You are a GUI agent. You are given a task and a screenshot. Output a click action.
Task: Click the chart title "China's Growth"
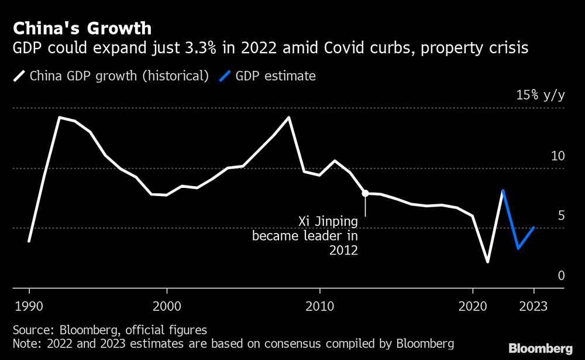click(82, 28)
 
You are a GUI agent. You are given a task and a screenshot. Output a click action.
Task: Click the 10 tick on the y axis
click(558, 156)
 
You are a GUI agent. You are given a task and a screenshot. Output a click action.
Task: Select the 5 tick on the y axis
click(561, 215)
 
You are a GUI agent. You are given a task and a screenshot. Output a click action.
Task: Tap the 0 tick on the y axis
click(561, 275)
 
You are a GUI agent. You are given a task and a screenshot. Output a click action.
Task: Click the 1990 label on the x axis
click(29, 306)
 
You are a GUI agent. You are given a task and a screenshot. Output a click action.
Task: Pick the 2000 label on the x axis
click(167, 306)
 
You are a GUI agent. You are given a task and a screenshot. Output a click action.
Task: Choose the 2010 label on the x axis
click(319, 306)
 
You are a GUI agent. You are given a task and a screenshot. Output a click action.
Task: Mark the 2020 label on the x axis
click(473, 306)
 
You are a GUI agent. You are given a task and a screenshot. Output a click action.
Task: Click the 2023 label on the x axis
click(534, 306)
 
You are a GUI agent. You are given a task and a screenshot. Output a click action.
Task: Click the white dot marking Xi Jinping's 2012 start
click(365, 193)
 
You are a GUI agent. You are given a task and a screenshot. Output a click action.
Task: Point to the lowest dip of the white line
click(488, 262)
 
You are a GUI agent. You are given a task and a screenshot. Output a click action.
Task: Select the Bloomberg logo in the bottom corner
click(541, 348)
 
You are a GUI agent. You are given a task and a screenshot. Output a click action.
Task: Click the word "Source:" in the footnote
click(32, 330)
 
